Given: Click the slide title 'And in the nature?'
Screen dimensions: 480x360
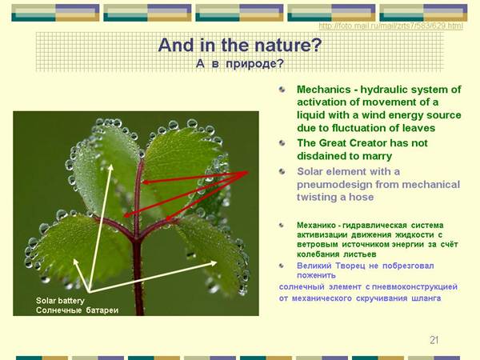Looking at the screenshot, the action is [240, 45].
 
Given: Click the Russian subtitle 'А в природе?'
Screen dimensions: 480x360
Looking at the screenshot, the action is [240, 64].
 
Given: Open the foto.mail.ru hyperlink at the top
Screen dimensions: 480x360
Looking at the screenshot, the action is [391, 26].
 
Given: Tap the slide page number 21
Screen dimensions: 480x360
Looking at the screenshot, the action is [434, 340].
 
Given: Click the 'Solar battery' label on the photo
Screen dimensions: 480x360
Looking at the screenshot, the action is [60, 301].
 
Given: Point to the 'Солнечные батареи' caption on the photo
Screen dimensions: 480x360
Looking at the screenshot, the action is [77, 310].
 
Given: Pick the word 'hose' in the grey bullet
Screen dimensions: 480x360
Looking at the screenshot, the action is [362, 197].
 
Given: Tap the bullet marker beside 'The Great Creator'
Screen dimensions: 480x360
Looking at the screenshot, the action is [282, 143].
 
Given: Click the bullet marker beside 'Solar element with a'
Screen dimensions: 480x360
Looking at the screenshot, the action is [282, 171].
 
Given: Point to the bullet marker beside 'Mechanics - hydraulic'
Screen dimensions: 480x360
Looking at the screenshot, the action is [282, 90].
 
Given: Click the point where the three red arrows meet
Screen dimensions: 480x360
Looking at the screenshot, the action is [247, 172].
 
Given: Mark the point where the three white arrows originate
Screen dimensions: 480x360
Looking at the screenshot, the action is [89, 291].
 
